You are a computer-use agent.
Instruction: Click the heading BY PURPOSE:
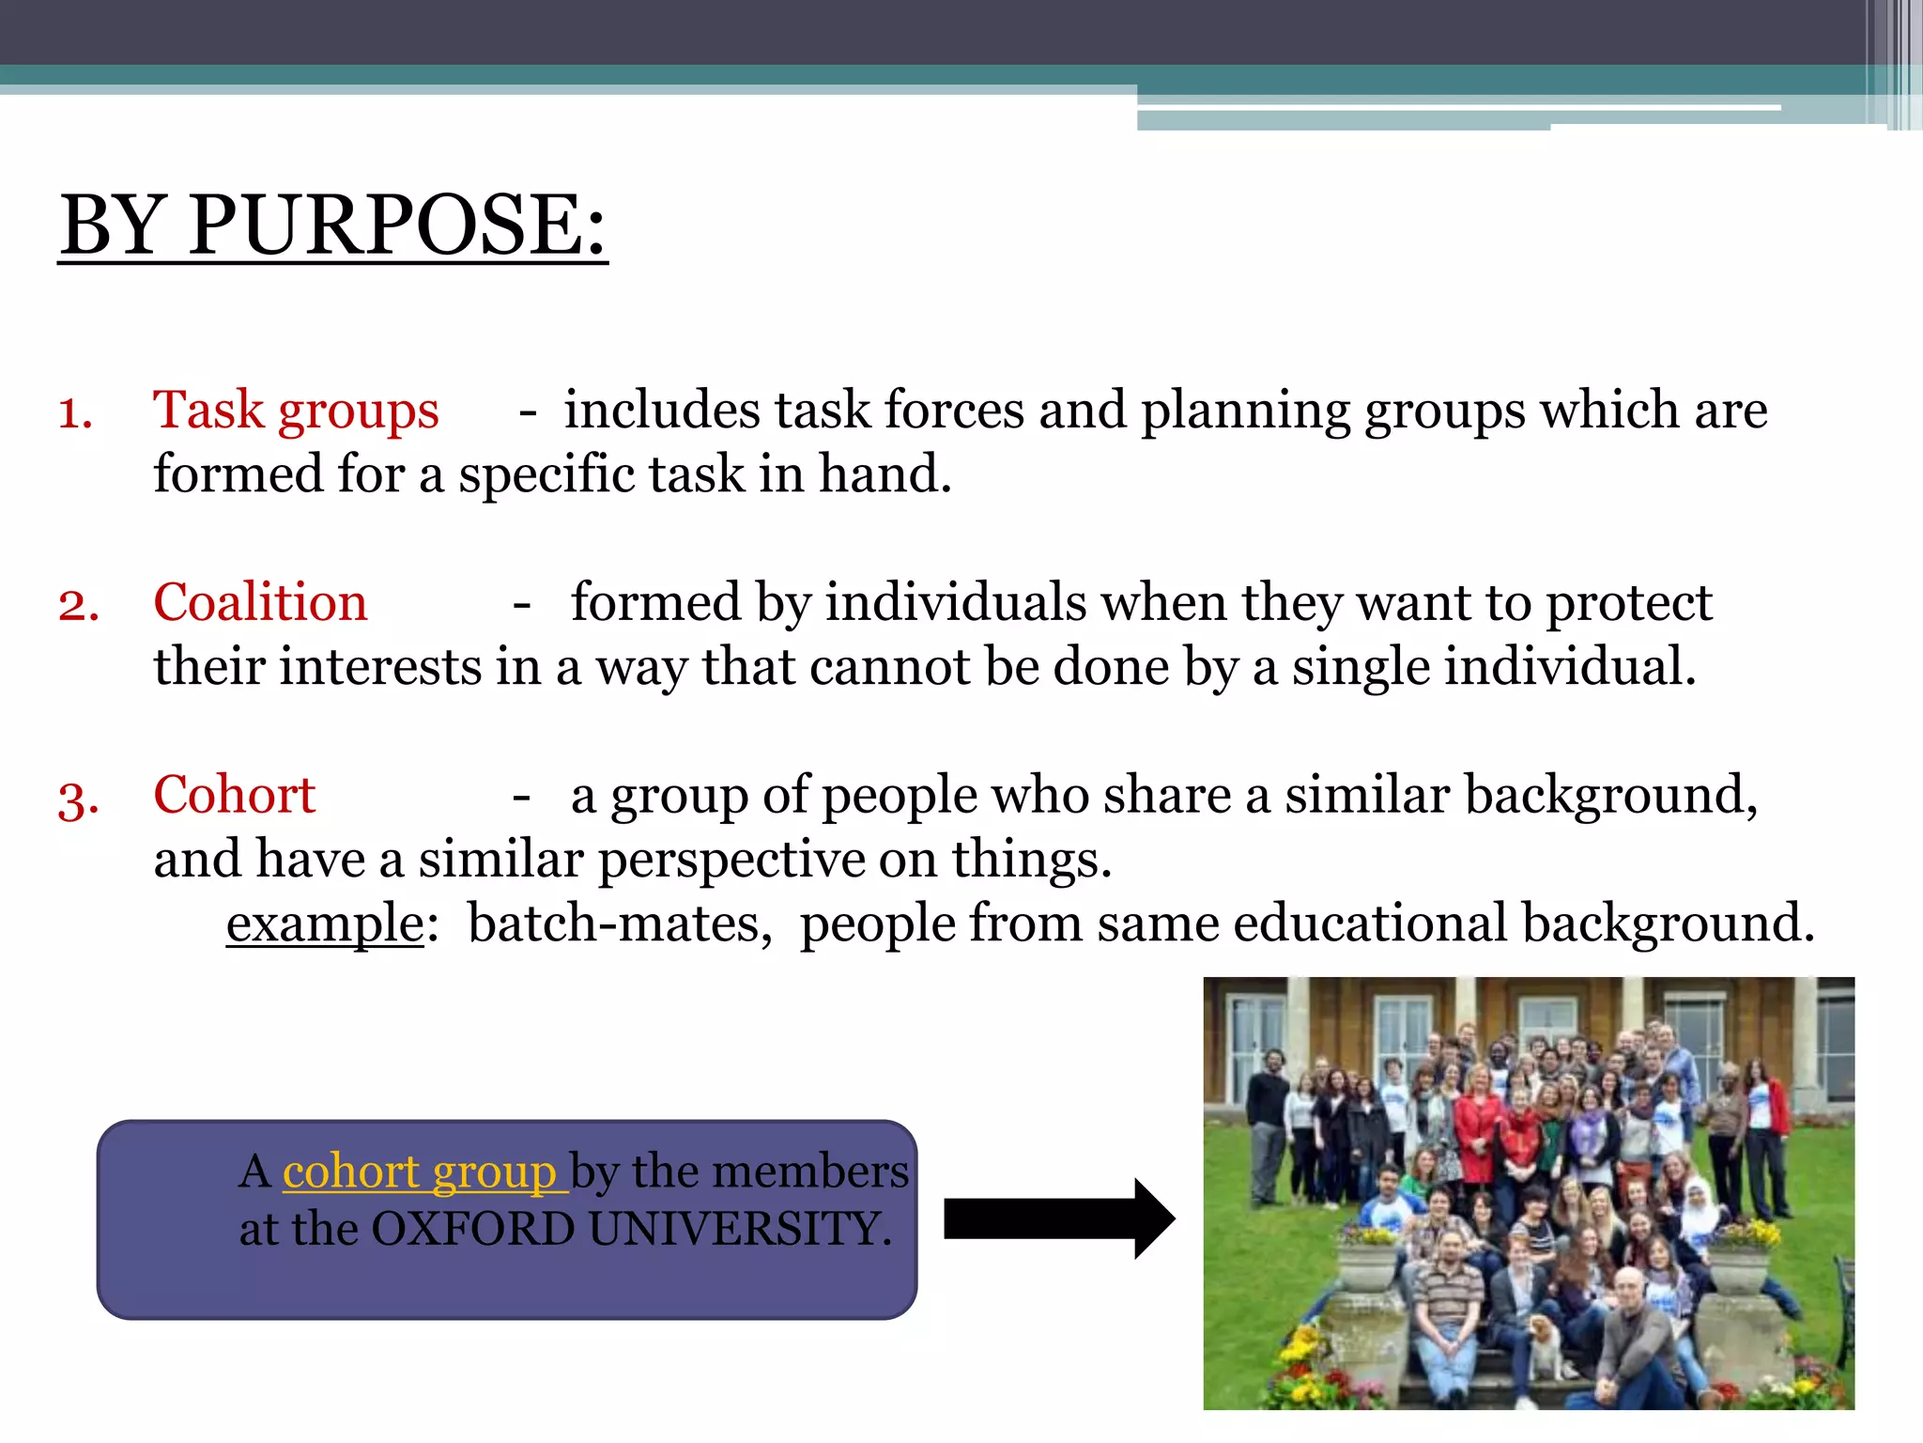coord(333,225)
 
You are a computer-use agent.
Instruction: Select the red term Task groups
coord(296,411)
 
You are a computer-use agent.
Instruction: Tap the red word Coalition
coord(260,602)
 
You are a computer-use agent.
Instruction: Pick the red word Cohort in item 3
coord(234,795)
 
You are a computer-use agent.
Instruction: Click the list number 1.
coord(75,413)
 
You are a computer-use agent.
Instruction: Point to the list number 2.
coord(78,605)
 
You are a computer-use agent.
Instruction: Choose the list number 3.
coord(78,799)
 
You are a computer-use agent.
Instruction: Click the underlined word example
coord(326,924)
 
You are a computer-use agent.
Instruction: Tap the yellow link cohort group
coord(420,1171)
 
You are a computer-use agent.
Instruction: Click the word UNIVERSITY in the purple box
coord(739,1230)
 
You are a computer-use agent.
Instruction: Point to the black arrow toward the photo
coord(1059,1218)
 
